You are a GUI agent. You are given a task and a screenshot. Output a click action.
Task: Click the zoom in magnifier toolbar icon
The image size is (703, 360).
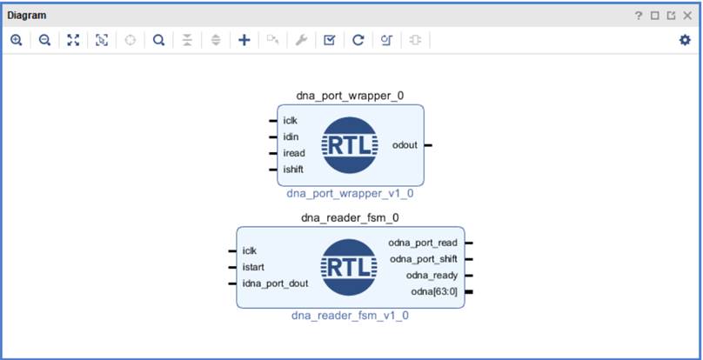[17, 40]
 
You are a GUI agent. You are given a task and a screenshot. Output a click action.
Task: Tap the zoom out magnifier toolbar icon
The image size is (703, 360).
[44, 40]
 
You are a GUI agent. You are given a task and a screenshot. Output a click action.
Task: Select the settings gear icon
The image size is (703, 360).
[685, 40]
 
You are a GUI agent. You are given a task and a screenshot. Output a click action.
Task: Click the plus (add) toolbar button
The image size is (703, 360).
[244, 40]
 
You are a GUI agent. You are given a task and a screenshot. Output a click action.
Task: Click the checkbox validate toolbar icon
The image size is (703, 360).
[329, 40]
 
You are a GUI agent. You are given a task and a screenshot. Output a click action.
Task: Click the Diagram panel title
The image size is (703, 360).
[27, 15]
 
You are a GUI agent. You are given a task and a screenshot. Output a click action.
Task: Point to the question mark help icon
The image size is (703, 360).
[639, 16]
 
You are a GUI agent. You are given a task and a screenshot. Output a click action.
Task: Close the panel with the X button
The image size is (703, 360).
[686, 16]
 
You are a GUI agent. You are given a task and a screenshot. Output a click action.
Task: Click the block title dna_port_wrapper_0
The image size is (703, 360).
[350, 96]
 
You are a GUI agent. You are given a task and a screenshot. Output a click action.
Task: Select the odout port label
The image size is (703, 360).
[405, 144]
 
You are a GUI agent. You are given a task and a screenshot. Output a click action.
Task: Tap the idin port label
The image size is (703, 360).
[291, 137]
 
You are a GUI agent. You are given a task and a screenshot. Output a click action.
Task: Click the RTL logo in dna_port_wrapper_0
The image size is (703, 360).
[350, 145]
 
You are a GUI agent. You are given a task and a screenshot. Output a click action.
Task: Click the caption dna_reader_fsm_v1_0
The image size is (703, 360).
[350, 316]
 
